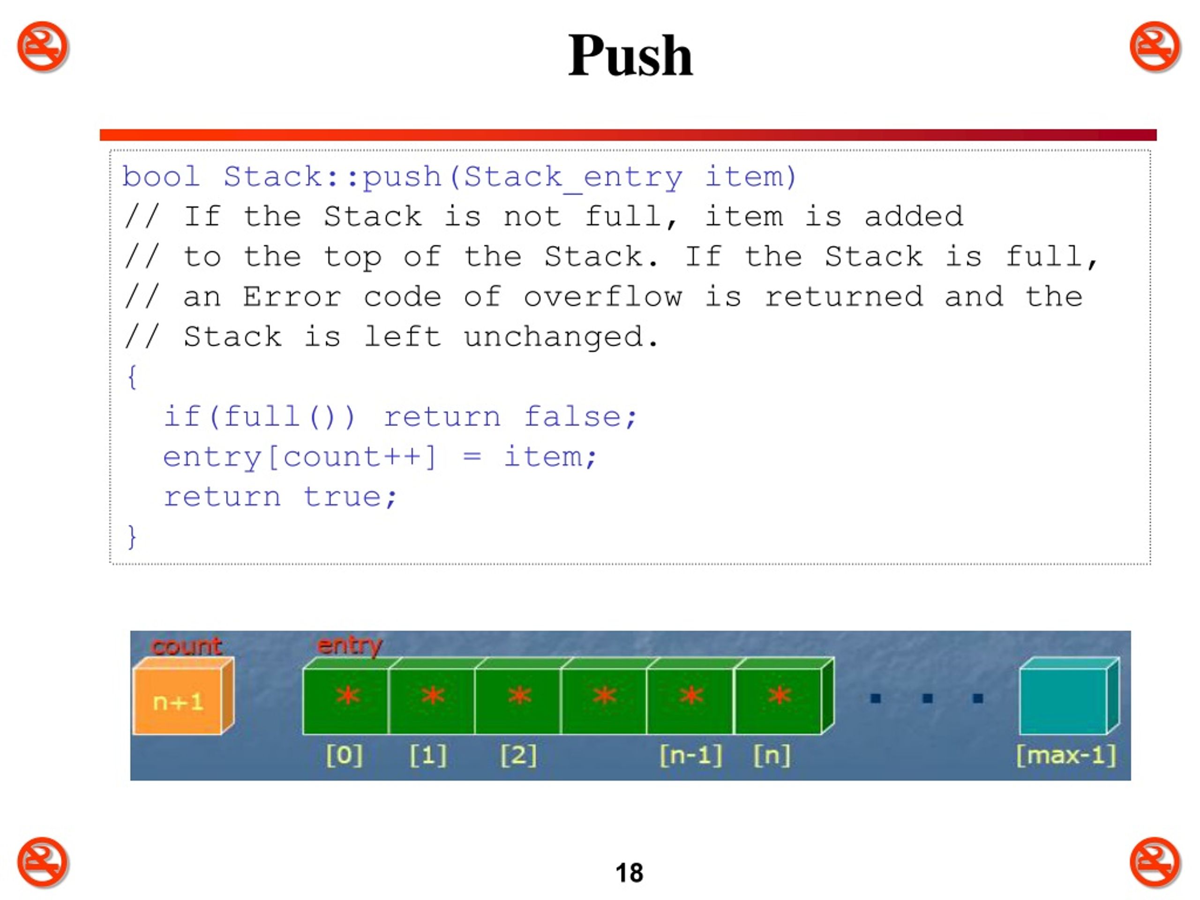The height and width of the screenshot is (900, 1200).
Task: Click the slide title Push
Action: tap(630, 56)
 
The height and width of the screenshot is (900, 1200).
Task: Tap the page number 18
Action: tap(629, 873)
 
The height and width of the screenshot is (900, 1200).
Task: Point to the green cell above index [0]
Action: tap(346, 701)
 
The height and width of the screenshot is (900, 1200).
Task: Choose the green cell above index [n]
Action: tap(778, 701)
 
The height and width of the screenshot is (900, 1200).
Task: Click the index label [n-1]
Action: tap(691, 755)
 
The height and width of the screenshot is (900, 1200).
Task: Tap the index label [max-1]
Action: tap(1066, 755)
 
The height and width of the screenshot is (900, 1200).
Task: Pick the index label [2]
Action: tap(518, 755)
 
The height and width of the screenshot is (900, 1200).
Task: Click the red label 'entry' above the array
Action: tap(350, 645)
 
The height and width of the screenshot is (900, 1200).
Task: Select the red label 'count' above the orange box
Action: tap(187, 645)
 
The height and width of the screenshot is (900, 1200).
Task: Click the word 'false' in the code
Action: tap(573, 417)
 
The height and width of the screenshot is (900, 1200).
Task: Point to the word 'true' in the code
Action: tap(343, 497)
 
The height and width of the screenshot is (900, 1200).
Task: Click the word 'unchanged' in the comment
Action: tap(553, 337)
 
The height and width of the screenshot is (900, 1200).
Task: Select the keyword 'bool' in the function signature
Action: tap(161, 176)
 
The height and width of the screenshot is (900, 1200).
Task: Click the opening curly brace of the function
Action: tap(132, 376)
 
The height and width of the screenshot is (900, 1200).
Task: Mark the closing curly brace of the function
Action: tap(132, 537)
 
